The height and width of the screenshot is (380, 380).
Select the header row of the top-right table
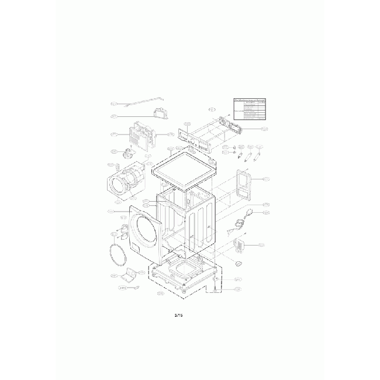coord(254,100)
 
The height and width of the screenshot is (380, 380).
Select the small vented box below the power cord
coord(239,244)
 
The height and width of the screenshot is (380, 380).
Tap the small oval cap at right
coord(238,265)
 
